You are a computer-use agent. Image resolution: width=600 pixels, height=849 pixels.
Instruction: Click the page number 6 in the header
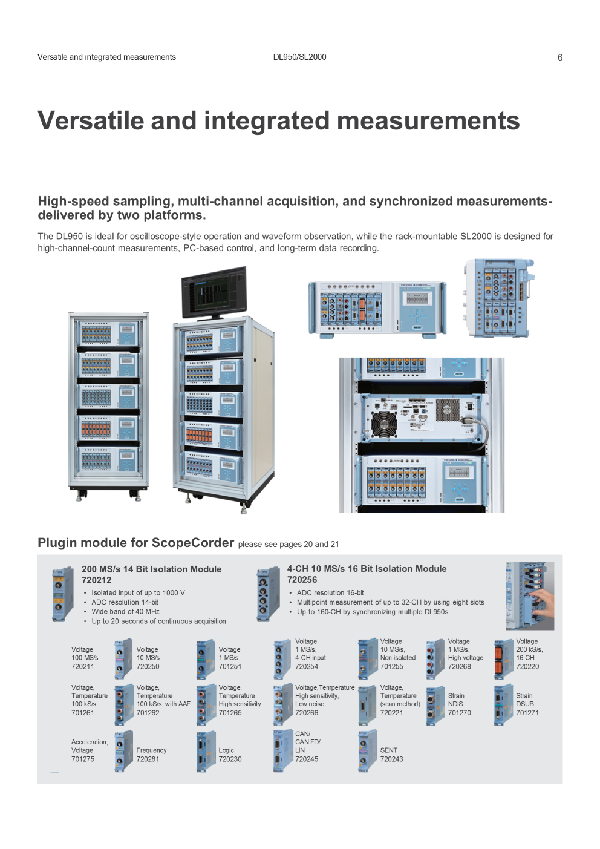pyautogui.click(x=560, y=57)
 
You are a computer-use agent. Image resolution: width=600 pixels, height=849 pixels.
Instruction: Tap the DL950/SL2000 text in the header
pyautogui.click(x=299, y=57)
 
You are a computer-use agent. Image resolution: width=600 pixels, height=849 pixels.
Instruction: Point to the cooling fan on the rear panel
pyautogui.click(x=383, y=425)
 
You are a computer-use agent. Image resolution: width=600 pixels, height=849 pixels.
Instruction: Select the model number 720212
pyautogui.click(x=97, y=580)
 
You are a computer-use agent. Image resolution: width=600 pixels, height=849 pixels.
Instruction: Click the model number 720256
pyautogui.click(x=302, y=580)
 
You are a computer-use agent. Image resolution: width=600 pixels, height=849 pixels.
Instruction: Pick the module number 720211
pyautogui.click(x=83, y=666)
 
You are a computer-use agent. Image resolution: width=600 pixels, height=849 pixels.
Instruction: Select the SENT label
pyautogui.click(x=389, y=750)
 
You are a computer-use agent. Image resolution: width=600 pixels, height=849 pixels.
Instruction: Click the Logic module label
pyautogui.click(x=226, y=750)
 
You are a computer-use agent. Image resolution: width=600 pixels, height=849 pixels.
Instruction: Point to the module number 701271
pyautogui.click(x=527, y=713)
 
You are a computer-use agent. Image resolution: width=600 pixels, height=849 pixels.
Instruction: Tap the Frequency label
pyautogui.click(x=152, y=750)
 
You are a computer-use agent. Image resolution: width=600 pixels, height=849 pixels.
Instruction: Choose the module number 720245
pyautogui.click(x=307, y=759)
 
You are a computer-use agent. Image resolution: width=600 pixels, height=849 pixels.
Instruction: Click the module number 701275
pyautogui.click(x=83, y=759)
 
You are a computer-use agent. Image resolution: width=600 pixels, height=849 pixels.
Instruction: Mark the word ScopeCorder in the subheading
pyautogui.click(x=193, y=542)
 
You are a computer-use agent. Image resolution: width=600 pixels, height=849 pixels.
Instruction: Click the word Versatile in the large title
pyautogui.click(x=91, y=120)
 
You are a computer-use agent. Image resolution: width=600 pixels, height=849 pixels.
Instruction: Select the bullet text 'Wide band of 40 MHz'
pyautogui.click(x=125, y=611)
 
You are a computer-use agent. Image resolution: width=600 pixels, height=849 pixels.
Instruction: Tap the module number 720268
pyautogui.click(x=460, y=666)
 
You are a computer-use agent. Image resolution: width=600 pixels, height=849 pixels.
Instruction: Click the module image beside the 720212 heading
pyautogui.click(x=62, y=594)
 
